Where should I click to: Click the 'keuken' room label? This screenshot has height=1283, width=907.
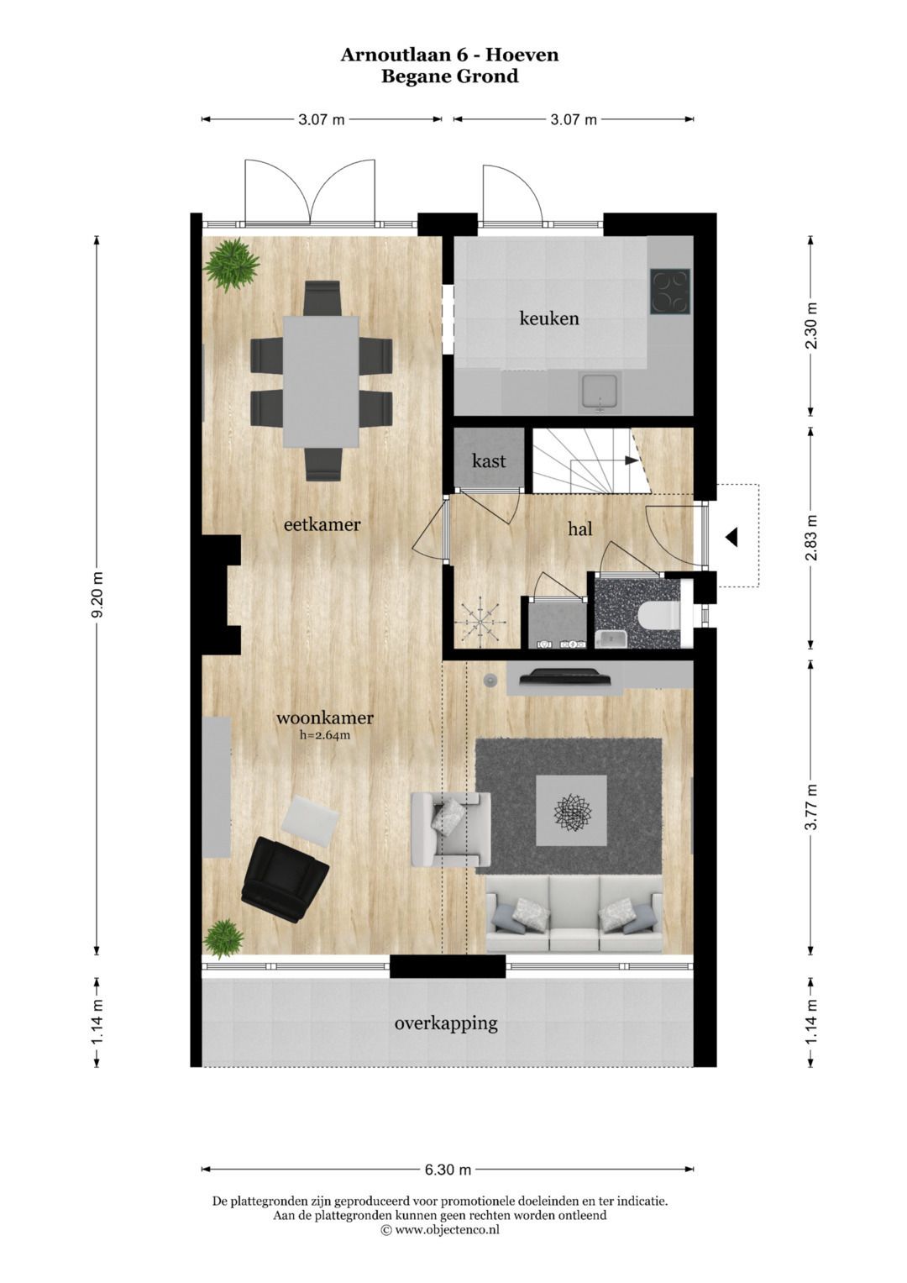(x=549, y=318)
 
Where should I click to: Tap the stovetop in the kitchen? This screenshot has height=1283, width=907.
(x=670, y=291)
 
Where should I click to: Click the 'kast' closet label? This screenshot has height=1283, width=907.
(x=489, y=460)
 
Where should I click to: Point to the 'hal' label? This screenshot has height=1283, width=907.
(x=580, y=528)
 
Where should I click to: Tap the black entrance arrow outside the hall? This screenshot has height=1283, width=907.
(x=731, y=537)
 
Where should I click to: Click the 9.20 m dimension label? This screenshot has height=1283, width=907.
(x=98, y=595)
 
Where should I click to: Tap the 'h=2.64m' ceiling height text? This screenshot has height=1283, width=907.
(x=325, y=736)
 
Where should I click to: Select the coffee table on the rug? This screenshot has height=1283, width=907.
(x=571, y=810)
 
